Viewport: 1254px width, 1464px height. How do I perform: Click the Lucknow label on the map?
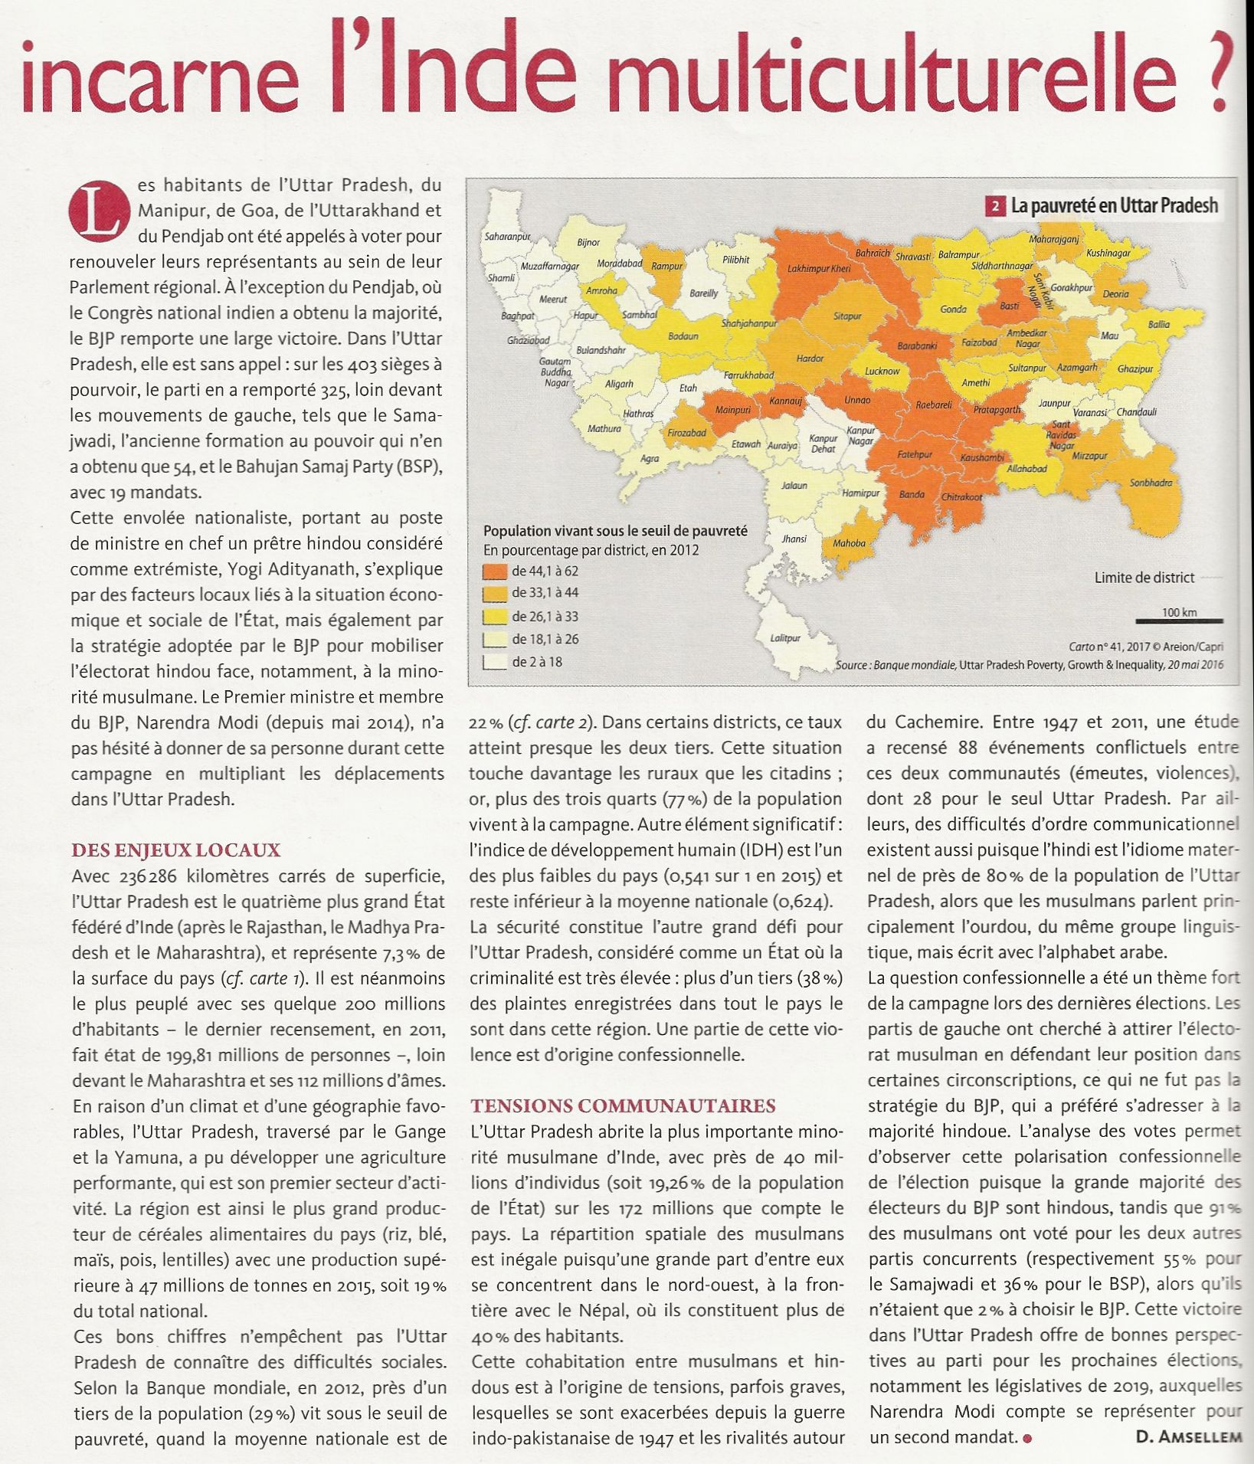coord(882,372)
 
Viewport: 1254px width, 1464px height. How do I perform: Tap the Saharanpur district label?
coord(508,237)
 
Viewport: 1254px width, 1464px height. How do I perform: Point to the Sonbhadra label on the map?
coord(1151,483)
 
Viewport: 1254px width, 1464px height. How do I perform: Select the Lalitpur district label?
coord(785,638)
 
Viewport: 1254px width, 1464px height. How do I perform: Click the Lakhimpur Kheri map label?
coord(819,269)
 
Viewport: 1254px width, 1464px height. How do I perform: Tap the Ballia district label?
coord(1158,325)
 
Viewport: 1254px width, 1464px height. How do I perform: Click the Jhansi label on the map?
coord(794,539)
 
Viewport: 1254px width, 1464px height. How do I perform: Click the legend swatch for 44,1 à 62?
coord(495,572)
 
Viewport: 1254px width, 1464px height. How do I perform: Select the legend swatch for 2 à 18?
coord(495,662)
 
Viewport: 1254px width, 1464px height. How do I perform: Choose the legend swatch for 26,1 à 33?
coord(495,617)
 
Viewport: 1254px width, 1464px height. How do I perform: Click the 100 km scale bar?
coord(1179,621)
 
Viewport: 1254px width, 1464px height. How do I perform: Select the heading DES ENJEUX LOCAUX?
coord(176,850)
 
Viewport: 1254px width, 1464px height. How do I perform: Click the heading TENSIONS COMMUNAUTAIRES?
coord(623,1106)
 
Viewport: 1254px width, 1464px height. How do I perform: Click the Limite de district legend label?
coord(1144,578)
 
